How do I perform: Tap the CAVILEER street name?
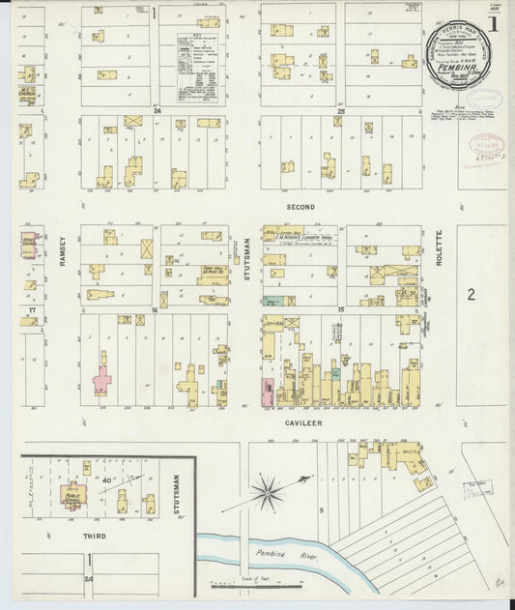(302, 422)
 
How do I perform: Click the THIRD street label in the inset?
(94, 535)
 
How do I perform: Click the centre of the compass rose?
(267, 492)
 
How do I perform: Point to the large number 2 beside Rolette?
(472, 294)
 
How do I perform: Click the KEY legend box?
(199, 65)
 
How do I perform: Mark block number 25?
(340, 111)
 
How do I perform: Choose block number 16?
(154, 310)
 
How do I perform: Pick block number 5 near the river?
(320, 509)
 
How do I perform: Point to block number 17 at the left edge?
(32, 309)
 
